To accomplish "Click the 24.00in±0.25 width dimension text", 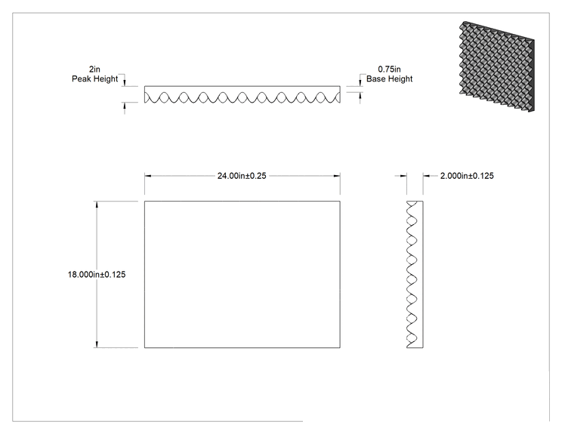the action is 242,176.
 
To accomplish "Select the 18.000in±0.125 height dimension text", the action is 97,275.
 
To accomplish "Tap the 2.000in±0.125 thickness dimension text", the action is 467,176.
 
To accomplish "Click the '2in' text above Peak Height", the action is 94,69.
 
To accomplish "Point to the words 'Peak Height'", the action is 94,78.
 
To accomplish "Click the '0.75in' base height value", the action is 389,69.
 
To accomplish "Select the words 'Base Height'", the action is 389,78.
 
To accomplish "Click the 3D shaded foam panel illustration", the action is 497,66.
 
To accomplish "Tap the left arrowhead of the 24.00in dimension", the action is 148,176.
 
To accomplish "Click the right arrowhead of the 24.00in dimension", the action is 337,176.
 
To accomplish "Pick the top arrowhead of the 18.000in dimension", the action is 97,205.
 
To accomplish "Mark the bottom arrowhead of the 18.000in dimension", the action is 97,344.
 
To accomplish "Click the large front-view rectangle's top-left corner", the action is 145,202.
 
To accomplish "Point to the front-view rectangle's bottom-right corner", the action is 340,347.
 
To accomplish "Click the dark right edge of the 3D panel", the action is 531,75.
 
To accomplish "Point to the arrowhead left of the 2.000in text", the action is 403,176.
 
